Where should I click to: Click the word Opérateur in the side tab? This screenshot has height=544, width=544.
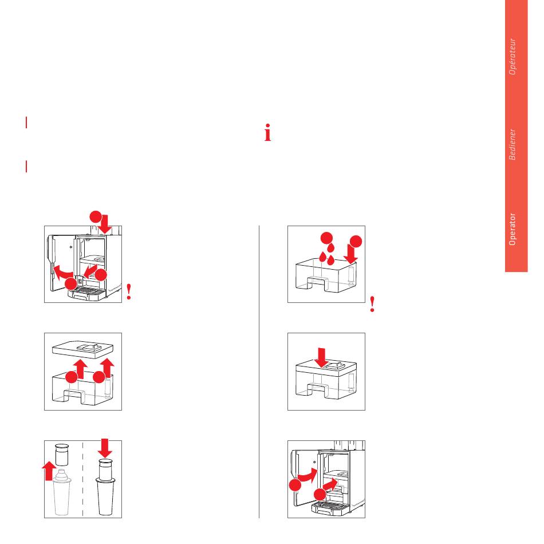point(513,56)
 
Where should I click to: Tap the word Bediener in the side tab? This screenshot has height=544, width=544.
point(513,144)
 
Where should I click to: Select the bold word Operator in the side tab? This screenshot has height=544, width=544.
point(513,229)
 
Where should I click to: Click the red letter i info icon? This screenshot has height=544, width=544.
point(267,132)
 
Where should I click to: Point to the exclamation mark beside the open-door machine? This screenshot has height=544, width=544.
point(129,292)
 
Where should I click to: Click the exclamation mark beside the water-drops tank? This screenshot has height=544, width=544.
point(372,304)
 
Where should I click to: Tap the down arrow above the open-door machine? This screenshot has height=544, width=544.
point(104,224)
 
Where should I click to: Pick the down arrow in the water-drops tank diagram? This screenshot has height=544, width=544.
point(351,254)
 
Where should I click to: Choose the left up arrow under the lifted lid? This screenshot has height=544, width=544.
point(81,369)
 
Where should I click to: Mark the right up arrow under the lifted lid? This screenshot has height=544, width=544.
point(108,368)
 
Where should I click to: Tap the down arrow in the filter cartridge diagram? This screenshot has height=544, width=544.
point(105,448)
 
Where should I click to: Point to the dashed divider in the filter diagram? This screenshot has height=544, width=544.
point(82,479)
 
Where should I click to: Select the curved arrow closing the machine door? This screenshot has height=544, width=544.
point(307,475)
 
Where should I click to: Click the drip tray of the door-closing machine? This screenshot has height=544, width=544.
point(329,507)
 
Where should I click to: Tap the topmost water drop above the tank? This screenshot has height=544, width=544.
point(330,248)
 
